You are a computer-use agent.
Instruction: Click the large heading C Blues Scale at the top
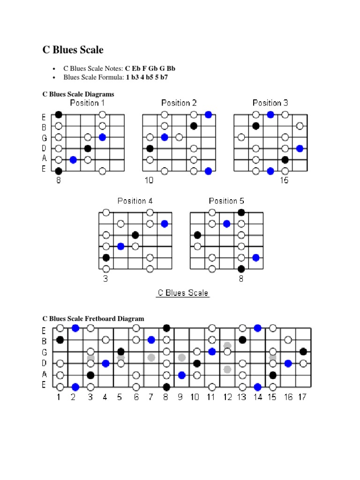point(73,50)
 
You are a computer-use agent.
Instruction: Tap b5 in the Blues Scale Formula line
point(146,77)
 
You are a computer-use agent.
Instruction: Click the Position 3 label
point(270,103)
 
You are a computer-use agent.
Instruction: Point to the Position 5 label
point(226,201)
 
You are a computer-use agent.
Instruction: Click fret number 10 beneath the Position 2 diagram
point(149,180)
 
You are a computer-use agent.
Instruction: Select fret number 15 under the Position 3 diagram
point(285,180)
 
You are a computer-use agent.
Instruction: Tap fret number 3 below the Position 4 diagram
point(105,278)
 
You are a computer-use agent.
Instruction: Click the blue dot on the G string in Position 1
point(102,137)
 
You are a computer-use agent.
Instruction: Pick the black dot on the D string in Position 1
point(88,149)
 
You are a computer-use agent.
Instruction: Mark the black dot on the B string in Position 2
point(194,126)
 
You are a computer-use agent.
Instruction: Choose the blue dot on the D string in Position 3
point(300,149)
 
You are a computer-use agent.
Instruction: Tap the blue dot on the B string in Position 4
point(164,224)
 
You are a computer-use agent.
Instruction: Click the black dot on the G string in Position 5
point(197,235)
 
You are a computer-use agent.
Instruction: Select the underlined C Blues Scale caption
point(183,293)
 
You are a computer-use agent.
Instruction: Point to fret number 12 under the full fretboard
point(227,397)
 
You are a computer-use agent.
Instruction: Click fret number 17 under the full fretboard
point(303,397)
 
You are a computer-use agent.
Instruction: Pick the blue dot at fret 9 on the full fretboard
point(182,375)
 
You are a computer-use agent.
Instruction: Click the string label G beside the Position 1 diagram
point(44,138)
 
